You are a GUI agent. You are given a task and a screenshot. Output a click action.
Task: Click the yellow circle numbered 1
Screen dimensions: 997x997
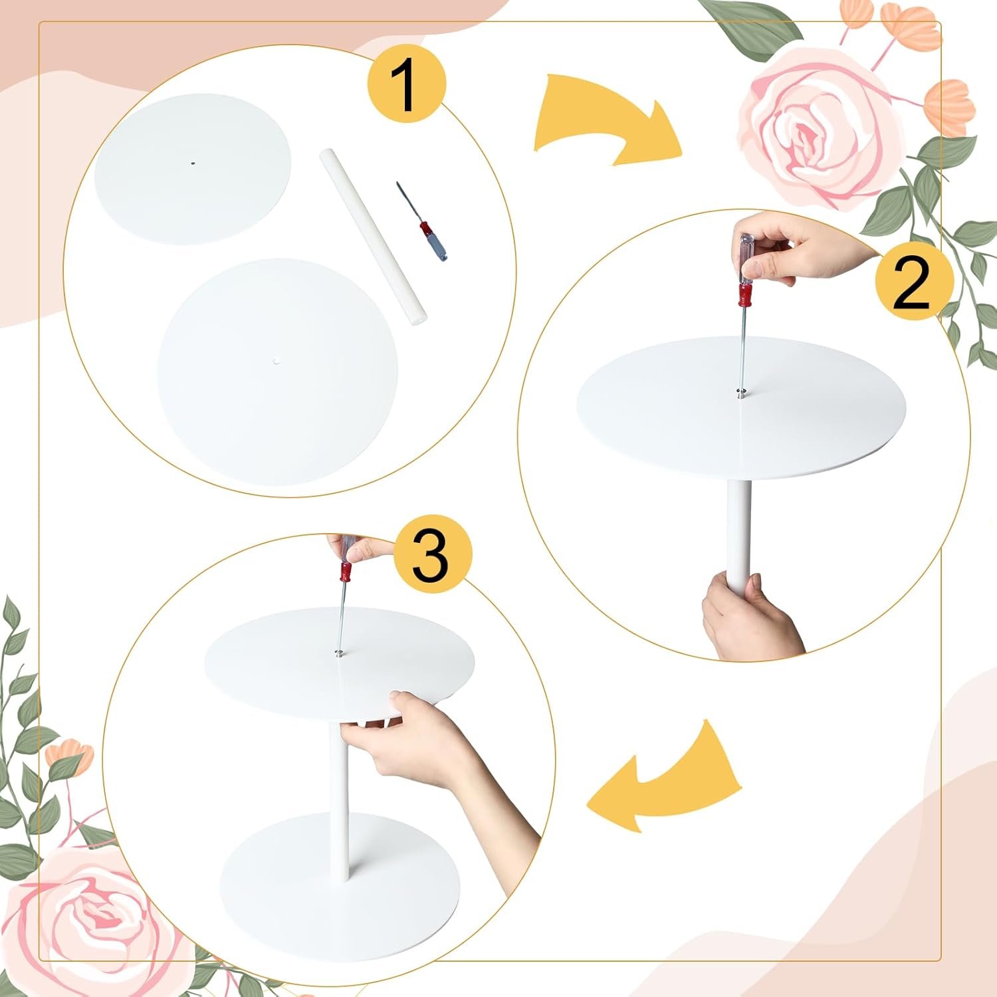click(x=406, y=85)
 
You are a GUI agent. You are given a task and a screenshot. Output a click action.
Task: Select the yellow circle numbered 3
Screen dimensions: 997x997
click(x=431, y=555)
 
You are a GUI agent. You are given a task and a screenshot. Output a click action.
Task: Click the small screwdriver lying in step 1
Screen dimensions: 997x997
click(x=422, y=221)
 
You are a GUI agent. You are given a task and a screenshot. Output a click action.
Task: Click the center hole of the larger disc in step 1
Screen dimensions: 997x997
click(x=276, y=362)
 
